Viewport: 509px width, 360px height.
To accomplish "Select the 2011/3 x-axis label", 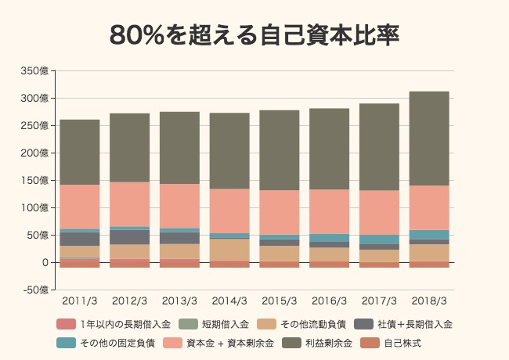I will point(80,301).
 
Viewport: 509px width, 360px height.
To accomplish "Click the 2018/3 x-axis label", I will point(429,301).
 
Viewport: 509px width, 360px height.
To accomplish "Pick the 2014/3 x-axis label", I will point(229,301).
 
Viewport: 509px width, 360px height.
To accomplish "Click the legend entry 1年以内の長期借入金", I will point(117,323).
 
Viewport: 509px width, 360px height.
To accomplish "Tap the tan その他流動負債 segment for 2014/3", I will point(229,250).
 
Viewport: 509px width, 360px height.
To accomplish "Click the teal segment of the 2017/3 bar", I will point(379,239).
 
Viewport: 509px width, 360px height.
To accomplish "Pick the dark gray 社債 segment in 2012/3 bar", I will point(130,237).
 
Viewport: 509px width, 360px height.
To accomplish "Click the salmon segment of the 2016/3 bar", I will point(330,211).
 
